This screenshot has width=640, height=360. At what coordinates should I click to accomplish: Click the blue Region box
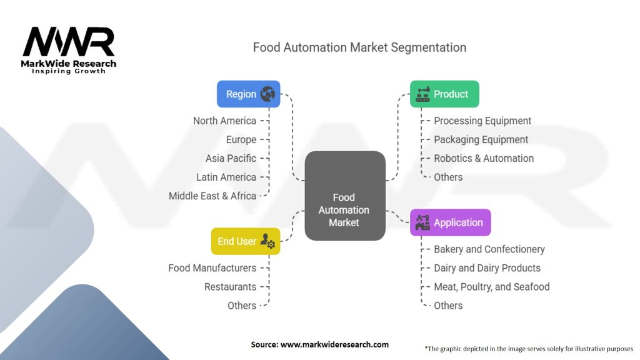coord(248,94)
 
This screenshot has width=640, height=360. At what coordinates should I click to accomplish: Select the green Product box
coord(444,94)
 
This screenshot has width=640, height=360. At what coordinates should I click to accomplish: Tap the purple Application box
coord(450,222)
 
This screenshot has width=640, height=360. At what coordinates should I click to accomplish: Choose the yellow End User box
coord(245,241)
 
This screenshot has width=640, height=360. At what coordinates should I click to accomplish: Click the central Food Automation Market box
coord(344,209)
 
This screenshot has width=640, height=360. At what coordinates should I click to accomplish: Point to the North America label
coord(224,121)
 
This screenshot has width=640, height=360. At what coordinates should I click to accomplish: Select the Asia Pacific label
coord(231,158)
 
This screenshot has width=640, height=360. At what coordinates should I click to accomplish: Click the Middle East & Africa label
coord(212,196)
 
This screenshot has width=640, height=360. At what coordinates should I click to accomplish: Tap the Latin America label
coord(226,177)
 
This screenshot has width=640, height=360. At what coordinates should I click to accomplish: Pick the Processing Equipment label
coord(482,121)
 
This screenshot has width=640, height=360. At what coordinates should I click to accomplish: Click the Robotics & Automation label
coord(484,158)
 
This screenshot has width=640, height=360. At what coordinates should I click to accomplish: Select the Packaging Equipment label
coord(481,139)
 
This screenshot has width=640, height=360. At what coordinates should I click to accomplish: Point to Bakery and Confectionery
coord(489,249)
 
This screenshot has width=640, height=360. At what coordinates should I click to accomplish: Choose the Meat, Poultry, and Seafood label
coord(492,286)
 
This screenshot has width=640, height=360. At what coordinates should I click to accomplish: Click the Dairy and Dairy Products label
coord(487,267)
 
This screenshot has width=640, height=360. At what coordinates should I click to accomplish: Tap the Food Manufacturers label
coord(212,267)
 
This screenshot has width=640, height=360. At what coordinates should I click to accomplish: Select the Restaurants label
coord(230,286)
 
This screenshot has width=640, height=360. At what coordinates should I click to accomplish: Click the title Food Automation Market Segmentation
coord(359,47)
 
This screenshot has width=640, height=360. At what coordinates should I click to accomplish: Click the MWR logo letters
coord(69,42)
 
